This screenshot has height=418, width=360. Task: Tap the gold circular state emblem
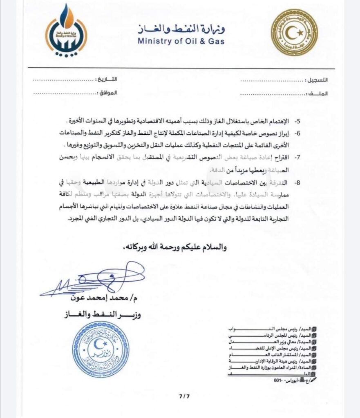tap(294, 32)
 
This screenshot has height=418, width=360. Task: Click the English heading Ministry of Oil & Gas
tap(181, 41)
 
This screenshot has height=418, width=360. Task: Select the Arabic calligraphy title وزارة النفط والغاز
tap(181, 28)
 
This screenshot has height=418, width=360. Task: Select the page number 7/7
tap(185, 396)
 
